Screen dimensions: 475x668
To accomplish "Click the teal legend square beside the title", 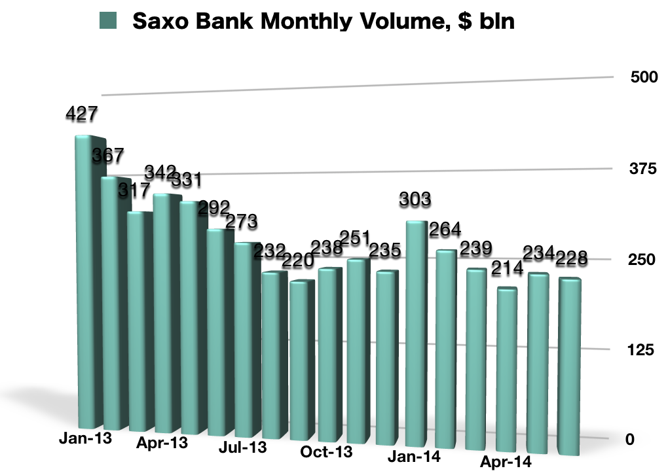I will (x=108, y=21).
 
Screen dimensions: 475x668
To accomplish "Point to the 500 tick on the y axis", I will (x=642, y=77).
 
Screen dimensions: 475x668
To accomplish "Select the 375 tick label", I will (x=642, y=169).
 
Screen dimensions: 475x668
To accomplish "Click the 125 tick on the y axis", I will (x=642, y=350).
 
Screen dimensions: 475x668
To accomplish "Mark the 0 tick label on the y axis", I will (x=630, y=440).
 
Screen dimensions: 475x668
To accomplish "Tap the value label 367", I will (x=108, y=156).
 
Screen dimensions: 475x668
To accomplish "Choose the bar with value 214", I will (x=508, y=366).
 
